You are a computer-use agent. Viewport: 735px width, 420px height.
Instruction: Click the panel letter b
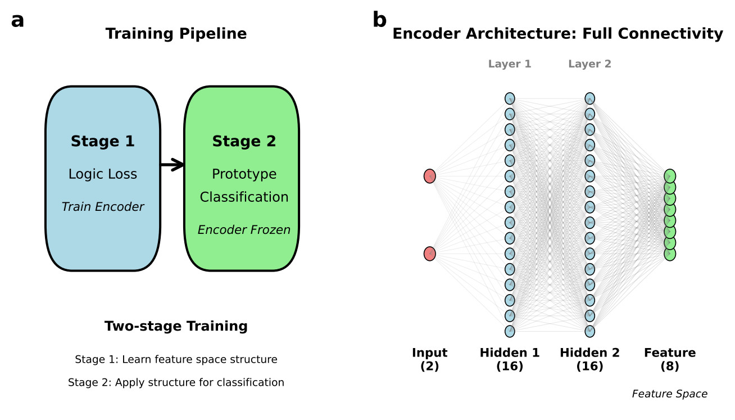tap(380, 19)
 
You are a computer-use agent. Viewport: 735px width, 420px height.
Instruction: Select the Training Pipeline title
tap(176, 34)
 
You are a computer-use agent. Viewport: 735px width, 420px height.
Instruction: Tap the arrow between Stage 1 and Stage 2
tap(173, 165)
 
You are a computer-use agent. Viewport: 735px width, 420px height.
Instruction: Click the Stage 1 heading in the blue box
tap(103, 141)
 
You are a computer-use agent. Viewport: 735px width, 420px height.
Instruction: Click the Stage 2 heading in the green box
tap(244, 141)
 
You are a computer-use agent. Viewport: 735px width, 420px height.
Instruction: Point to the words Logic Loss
tap(103, 174)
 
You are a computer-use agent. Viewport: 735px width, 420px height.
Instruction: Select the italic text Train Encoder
tap(103, 206)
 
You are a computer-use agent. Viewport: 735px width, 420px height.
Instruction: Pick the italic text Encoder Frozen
tap(244, 229)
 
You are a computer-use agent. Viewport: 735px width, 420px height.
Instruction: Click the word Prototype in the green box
tap(244, 174)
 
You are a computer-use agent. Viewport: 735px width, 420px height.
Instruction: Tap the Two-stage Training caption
tap(176, 326)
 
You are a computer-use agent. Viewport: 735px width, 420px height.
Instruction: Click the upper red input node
tap(429, 176)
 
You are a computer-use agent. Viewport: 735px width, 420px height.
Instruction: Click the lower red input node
tap(429, 254)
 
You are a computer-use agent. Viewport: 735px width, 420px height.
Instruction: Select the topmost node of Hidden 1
tap(510, 98)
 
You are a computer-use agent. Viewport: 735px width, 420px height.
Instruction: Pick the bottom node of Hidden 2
tap(589, 331)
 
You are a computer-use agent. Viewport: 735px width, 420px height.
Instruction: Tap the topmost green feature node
tap(670, 176)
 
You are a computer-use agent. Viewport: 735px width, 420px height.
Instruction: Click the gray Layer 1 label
tap(510, 64)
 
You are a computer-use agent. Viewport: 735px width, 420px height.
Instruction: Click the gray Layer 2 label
tap(589, 64)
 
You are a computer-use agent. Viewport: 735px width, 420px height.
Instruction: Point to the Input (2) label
tap(429, 359)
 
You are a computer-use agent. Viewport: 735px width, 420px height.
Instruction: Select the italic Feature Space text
tap(670, 394)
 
